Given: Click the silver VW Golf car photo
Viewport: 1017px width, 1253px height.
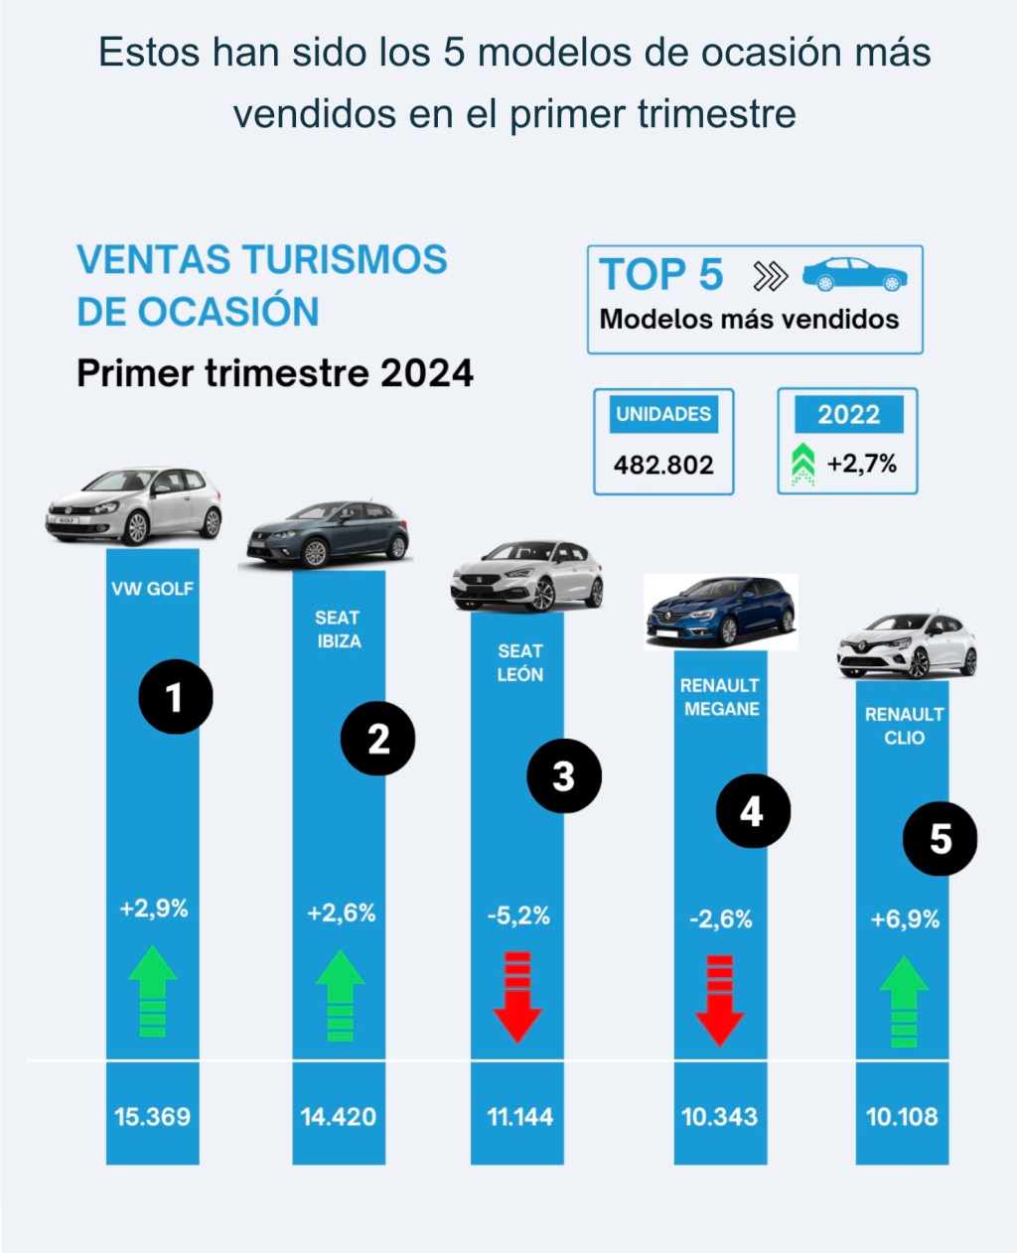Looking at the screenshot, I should [135, 505].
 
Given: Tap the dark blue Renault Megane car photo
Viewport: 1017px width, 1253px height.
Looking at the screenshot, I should [720, 611].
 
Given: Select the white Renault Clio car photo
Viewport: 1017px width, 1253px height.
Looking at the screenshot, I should [907, 644].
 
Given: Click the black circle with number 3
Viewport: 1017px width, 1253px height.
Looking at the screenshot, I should [563, 775].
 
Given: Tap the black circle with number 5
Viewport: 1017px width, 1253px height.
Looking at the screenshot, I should [940, 839].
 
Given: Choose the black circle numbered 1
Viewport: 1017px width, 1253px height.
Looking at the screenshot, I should [175, 697].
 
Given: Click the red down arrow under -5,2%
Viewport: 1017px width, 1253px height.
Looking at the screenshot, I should [517, 996].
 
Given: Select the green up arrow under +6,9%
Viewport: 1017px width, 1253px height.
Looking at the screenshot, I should [904, 1001].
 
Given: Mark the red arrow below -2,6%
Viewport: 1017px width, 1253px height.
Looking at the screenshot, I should [720, 999].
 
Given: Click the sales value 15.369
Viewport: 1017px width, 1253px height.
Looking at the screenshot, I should [152, 1117].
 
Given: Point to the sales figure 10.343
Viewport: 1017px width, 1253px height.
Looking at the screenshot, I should [719, 1117].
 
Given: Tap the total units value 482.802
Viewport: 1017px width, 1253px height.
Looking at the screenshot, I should [663, 465].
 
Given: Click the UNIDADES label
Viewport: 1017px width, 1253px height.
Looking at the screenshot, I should [663, 414].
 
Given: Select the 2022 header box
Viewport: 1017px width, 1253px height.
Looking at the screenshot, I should [848, 414].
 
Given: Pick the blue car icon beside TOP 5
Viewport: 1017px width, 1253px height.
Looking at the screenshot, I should [854, 275].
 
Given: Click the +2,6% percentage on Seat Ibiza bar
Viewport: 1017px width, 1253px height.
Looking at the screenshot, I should [341, 913].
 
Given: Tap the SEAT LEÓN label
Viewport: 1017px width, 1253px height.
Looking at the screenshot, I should [519, 662].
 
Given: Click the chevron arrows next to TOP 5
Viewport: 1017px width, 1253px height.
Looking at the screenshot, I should [770, 276].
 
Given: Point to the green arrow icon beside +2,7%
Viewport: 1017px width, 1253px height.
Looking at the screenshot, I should [802, 465].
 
